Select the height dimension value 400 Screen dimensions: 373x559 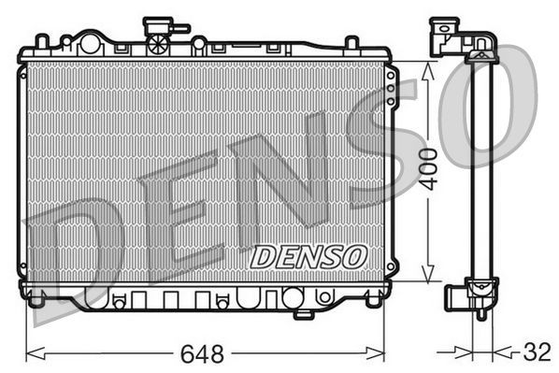click(x=428, y=169)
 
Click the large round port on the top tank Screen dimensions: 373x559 click(x=91, y=42)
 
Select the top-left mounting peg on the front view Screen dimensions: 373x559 click(x=40, y=41)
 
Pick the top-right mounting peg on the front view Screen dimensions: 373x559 click(x=351, y=43)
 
